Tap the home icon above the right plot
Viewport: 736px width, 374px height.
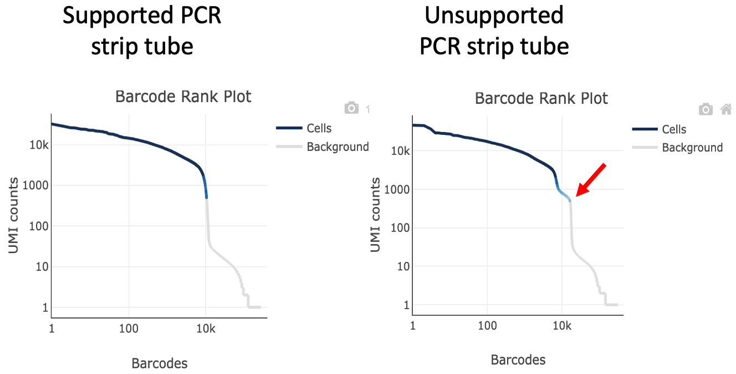726,109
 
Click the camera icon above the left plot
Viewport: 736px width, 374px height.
351,108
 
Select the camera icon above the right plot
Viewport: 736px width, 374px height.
706,109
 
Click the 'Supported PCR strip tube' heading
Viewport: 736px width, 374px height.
142,31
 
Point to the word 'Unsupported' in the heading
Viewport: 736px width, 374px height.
494,16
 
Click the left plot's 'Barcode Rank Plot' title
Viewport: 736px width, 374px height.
183,97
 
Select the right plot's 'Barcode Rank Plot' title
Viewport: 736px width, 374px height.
541,99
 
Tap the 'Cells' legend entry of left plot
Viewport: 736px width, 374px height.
319,128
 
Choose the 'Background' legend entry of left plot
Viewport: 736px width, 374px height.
338,146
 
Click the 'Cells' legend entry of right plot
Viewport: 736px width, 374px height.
674,129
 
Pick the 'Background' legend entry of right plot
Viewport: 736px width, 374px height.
692,148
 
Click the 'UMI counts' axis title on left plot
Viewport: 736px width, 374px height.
15,215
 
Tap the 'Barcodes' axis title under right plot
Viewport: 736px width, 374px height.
518,360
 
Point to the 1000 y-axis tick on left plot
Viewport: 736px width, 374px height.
34,185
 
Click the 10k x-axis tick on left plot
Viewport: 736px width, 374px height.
206,328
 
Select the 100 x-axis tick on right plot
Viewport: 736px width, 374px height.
487,325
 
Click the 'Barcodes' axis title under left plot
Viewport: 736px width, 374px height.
160,363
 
